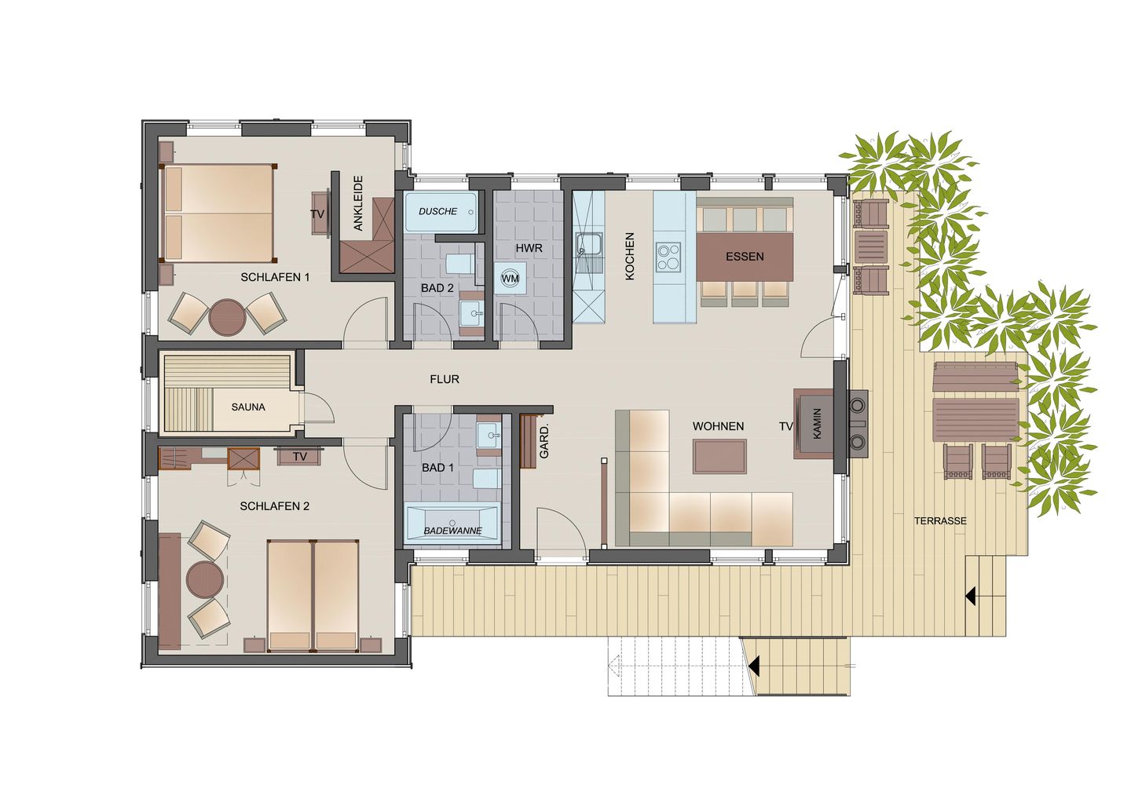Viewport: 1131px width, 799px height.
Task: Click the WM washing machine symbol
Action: (510, 279)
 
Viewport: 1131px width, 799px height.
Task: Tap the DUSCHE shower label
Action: (437, 211)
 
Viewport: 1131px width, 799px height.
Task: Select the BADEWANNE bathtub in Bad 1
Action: (452, 524)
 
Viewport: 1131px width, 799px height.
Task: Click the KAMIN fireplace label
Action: (817, 423)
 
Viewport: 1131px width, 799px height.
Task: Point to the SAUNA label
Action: (248, 407)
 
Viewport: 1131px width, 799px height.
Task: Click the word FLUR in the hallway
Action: (445, 379)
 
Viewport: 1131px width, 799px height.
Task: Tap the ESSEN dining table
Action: (745, 257)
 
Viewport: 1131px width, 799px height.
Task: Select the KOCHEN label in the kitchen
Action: (629, 257)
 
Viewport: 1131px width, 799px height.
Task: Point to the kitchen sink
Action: (588, 245)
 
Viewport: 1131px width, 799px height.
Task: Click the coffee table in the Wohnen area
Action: (719, 456)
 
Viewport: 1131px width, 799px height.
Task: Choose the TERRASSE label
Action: (940, 521)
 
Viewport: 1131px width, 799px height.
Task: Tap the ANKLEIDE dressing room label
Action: (358, 202)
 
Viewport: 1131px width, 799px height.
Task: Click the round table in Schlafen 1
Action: (227, 317)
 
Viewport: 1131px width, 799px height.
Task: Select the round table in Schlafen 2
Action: (205, 579)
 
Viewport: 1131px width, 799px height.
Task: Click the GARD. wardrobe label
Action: (544, 442)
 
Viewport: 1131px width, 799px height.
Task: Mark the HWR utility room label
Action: (529, 248)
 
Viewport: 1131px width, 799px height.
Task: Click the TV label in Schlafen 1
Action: (317, 213)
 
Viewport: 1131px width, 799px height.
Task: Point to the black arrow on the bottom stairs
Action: (754, 666)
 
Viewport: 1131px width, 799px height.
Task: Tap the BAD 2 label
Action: (437, 288)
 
